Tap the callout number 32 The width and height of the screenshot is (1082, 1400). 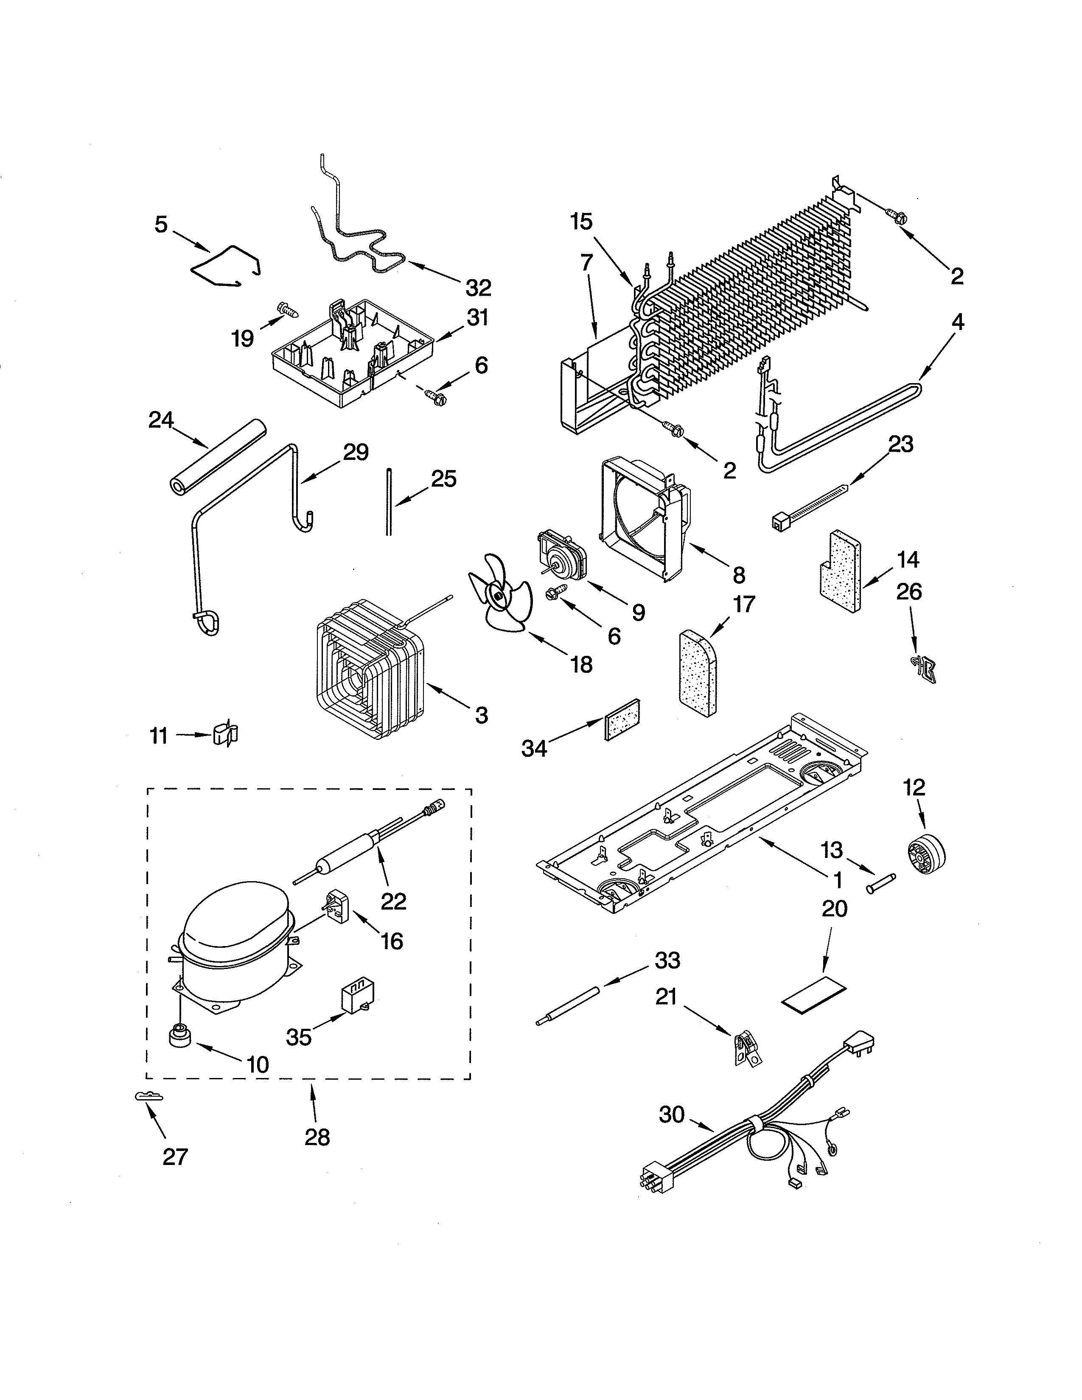coord(478,288)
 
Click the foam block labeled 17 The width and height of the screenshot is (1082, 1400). coord(698,672)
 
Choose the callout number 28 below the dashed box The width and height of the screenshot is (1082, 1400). coord(317,1137)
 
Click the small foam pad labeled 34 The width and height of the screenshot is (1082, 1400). coord(622,719)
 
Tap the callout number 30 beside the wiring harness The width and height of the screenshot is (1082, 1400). coord(672,1115)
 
